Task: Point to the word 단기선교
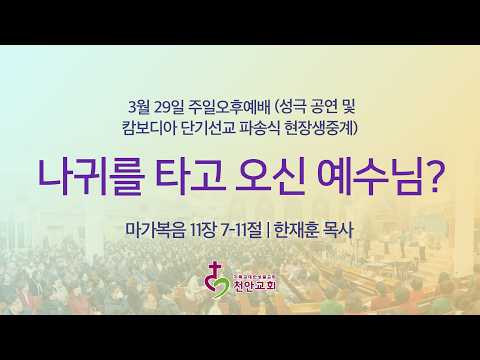tap(210, 128)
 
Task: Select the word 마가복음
tap(148, 228)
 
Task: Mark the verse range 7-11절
tap(240, 228)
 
